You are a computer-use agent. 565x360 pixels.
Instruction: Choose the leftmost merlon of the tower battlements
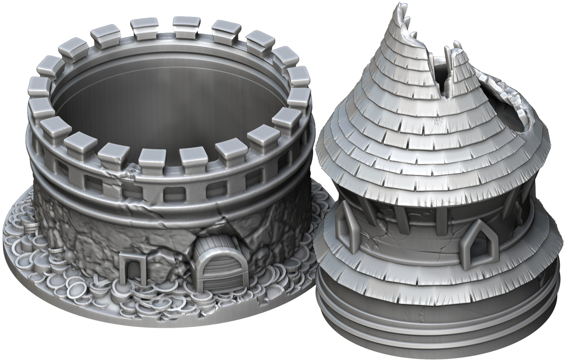pyautogui.click(x=38, y=83)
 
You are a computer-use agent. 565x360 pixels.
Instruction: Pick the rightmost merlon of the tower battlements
pyautogui.click(x=301, y=94)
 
